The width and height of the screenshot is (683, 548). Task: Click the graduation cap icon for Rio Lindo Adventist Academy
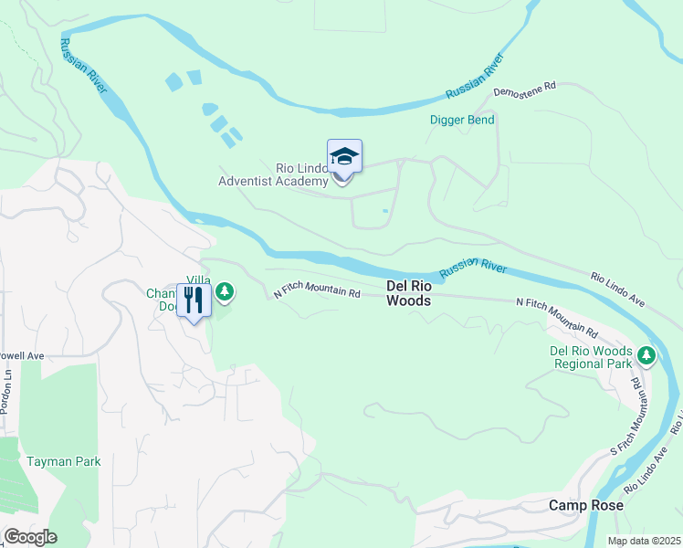click(344, 156)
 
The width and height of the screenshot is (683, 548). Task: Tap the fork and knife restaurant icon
click(194, 300)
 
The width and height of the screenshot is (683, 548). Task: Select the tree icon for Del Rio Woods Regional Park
click(646, 354)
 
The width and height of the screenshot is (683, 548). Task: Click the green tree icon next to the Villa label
click(225, 292)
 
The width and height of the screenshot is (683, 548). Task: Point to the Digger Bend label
click(462, 120)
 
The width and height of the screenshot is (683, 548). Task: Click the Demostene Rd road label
click(524, 90)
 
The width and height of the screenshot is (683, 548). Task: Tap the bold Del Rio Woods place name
click(408, 292)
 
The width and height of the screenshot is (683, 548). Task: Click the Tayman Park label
click(63, 461)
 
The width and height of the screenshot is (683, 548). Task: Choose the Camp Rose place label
click(585, 505)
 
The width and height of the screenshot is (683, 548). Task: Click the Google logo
click(29, 537)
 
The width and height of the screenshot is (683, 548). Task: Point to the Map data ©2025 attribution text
click(643, 541)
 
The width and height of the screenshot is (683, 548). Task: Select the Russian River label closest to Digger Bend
click(476, 78)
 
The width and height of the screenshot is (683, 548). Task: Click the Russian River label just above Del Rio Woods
click(472, 269)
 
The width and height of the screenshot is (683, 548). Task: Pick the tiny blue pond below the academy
click(385, 211)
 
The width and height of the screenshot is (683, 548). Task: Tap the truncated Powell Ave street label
click(22, 356)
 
